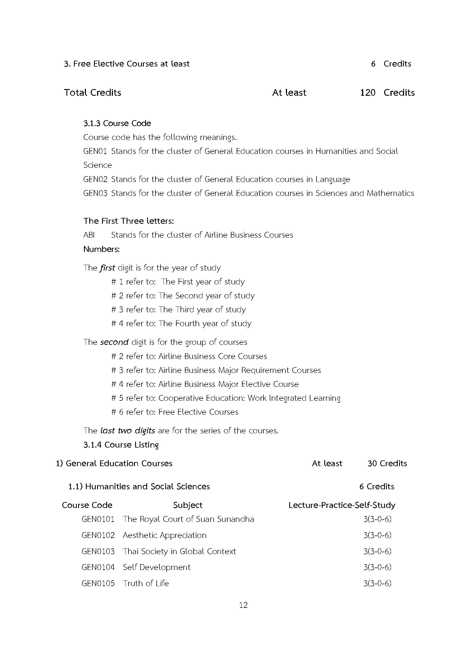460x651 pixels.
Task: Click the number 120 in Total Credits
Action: pos(367,92)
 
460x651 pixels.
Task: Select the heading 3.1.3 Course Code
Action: pos(117,123)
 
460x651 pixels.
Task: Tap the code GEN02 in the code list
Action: pos(95,179)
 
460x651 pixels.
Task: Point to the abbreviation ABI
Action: pos(89,235)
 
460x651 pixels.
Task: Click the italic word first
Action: pos(107,268)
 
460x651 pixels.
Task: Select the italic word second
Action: pos(114,342)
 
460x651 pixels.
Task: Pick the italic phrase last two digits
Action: pos(127,430)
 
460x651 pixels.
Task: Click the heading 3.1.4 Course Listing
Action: pos(121,444)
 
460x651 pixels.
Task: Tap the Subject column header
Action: pos(188,505)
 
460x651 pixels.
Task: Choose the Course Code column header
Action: pos(87,505)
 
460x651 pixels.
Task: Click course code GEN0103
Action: pos(98,551)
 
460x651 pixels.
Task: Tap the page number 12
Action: pos(243,605)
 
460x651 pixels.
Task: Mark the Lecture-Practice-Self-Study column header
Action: pos(342,505)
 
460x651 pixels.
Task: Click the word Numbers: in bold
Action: pos(101,249)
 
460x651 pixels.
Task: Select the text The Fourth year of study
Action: pos(205,323)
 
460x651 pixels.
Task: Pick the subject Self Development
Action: pos(157,567)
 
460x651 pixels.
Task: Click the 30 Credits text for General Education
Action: pos(387,463)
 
